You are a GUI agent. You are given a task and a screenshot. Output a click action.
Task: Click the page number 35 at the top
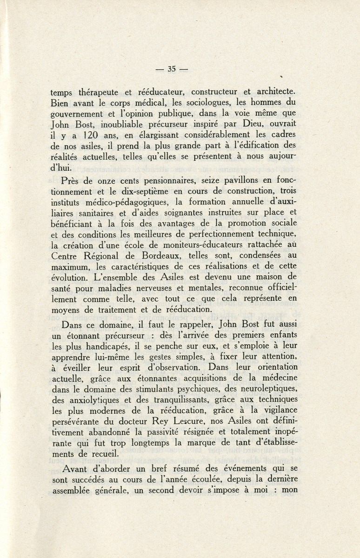click(x=171, y=69)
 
